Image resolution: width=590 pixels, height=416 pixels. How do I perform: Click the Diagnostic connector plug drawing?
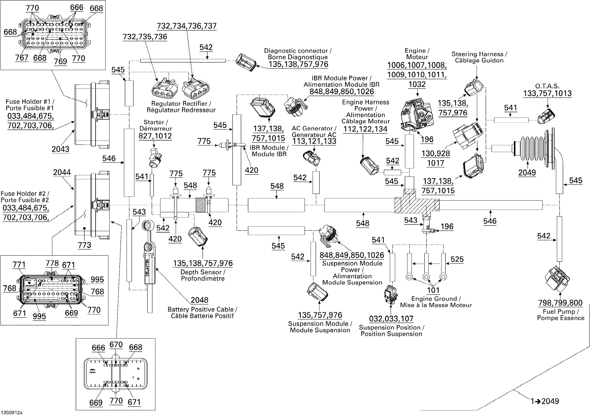coord(246,62)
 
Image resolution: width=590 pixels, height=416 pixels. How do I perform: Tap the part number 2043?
coord(60,149)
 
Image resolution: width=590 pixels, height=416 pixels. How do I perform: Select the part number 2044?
coord(62,172)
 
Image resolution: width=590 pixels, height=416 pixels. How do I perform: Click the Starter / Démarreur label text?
coord(156,125)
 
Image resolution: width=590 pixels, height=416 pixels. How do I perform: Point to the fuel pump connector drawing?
coord(557,279)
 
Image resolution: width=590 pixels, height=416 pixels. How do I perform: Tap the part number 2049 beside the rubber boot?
coord(527,173)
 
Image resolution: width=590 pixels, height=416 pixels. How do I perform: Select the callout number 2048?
coord(199,300)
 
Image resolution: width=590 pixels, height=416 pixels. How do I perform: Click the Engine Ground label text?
coord(436,302)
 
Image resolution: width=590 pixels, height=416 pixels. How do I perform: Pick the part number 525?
coord(457,259)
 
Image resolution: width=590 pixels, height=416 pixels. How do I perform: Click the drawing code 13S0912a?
coord(11,413)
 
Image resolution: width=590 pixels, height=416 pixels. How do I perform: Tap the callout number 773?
coord(85,245)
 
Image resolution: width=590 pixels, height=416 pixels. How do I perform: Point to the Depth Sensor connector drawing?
coord(198,237)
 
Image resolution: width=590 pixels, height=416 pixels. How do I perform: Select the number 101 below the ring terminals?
coord(433,290)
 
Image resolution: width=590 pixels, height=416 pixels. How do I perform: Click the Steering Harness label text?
coord(479,57)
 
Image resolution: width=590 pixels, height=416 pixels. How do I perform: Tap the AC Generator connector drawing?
coord(311,158)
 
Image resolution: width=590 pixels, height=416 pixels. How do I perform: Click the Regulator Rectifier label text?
coord(181,107)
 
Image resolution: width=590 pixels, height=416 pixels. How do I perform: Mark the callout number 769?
coord(60,61)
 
